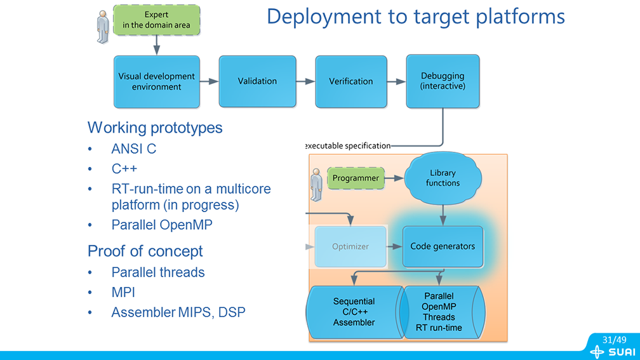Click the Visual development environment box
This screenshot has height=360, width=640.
tap(156, 81)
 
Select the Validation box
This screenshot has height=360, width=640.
tap(257, 81)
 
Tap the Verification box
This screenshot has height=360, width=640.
tap(350, 81)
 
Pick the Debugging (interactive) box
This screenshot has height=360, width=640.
tap(443, 81)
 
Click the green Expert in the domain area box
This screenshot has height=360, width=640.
tap(156, 20)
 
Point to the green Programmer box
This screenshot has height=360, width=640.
tap(356, 178)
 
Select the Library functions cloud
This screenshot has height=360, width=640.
tap(443, 178)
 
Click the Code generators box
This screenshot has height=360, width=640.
tap(443, 246)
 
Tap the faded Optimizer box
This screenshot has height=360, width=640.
tap(350, 246)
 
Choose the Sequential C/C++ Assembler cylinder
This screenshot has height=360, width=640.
tap(354, 312)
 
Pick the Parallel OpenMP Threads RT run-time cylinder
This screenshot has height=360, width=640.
tap(439, 312)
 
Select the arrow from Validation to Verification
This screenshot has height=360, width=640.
tap(306, 81)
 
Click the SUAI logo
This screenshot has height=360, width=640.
tap(611, 352)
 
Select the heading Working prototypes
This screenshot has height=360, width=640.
tap(155, 128)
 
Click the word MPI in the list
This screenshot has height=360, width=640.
tap(123, 293)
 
